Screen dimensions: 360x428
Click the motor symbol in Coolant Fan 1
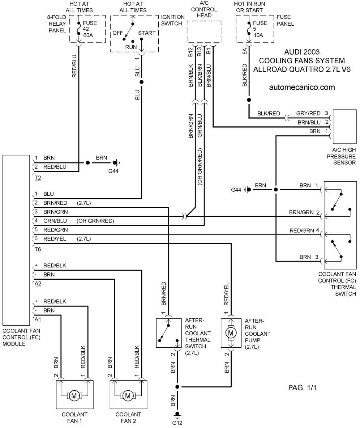tap(74, 395)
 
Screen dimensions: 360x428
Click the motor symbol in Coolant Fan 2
tap(128, 395)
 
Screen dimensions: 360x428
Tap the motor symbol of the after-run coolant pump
tap(231, 333)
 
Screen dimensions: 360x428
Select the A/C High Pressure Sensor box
tap(344, 127)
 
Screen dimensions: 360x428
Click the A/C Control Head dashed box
tap(204, 32)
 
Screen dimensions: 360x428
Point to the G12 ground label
tap(177, 423)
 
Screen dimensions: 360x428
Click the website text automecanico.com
tap(302, 87)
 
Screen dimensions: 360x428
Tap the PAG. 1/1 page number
tap(302, 387)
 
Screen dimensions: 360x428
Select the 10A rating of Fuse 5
tap(258, 35)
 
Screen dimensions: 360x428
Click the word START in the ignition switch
tap(147, 33)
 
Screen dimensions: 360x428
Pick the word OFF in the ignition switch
tap(118, 33)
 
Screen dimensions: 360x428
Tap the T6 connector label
tap(38, 250)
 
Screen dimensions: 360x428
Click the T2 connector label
tap(38, 178)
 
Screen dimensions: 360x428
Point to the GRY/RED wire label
tap(308, 113)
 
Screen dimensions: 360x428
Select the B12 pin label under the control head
tap(190, 52)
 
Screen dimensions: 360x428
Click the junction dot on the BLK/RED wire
tap(249, 100)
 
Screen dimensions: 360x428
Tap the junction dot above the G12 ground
tap(177, 387)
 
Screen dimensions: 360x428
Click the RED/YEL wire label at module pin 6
tap(55, 239)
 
